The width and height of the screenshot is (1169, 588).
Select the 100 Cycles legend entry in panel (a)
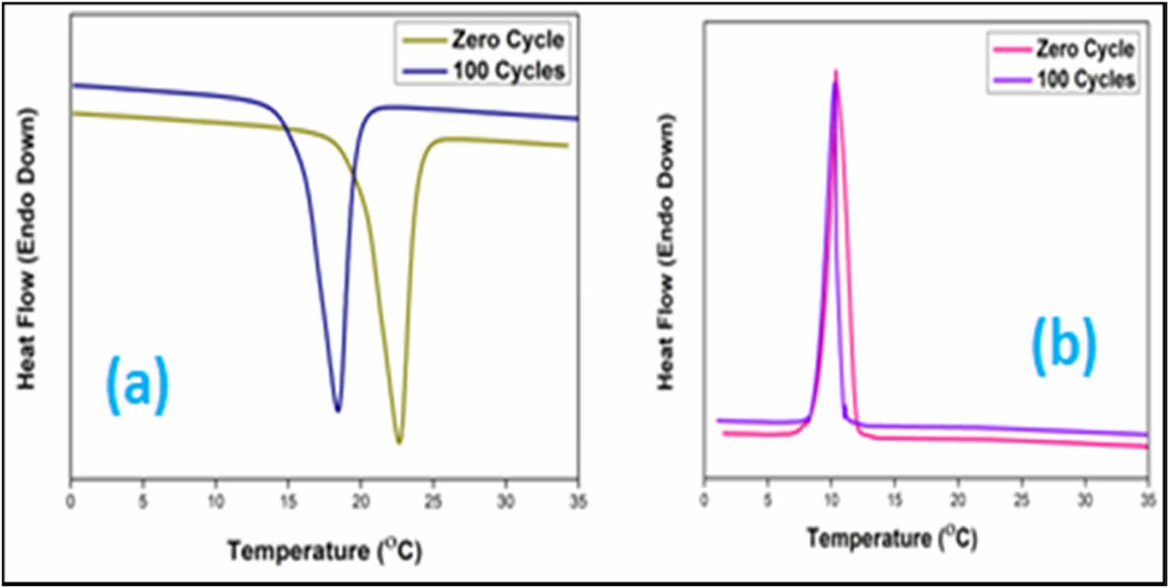(507, 70)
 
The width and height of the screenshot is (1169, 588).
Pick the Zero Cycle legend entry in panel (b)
(1084, 50)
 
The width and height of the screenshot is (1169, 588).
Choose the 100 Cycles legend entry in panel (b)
(1083, 79)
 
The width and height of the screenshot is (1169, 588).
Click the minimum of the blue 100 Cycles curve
(337, 409)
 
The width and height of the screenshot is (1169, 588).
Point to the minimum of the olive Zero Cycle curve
(399, 442)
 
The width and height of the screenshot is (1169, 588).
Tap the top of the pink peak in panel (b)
(835, 71)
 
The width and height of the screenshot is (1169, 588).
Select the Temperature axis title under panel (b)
(892, 538)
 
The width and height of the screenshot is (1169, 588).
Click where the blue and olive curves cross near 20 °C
(352, 174)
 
